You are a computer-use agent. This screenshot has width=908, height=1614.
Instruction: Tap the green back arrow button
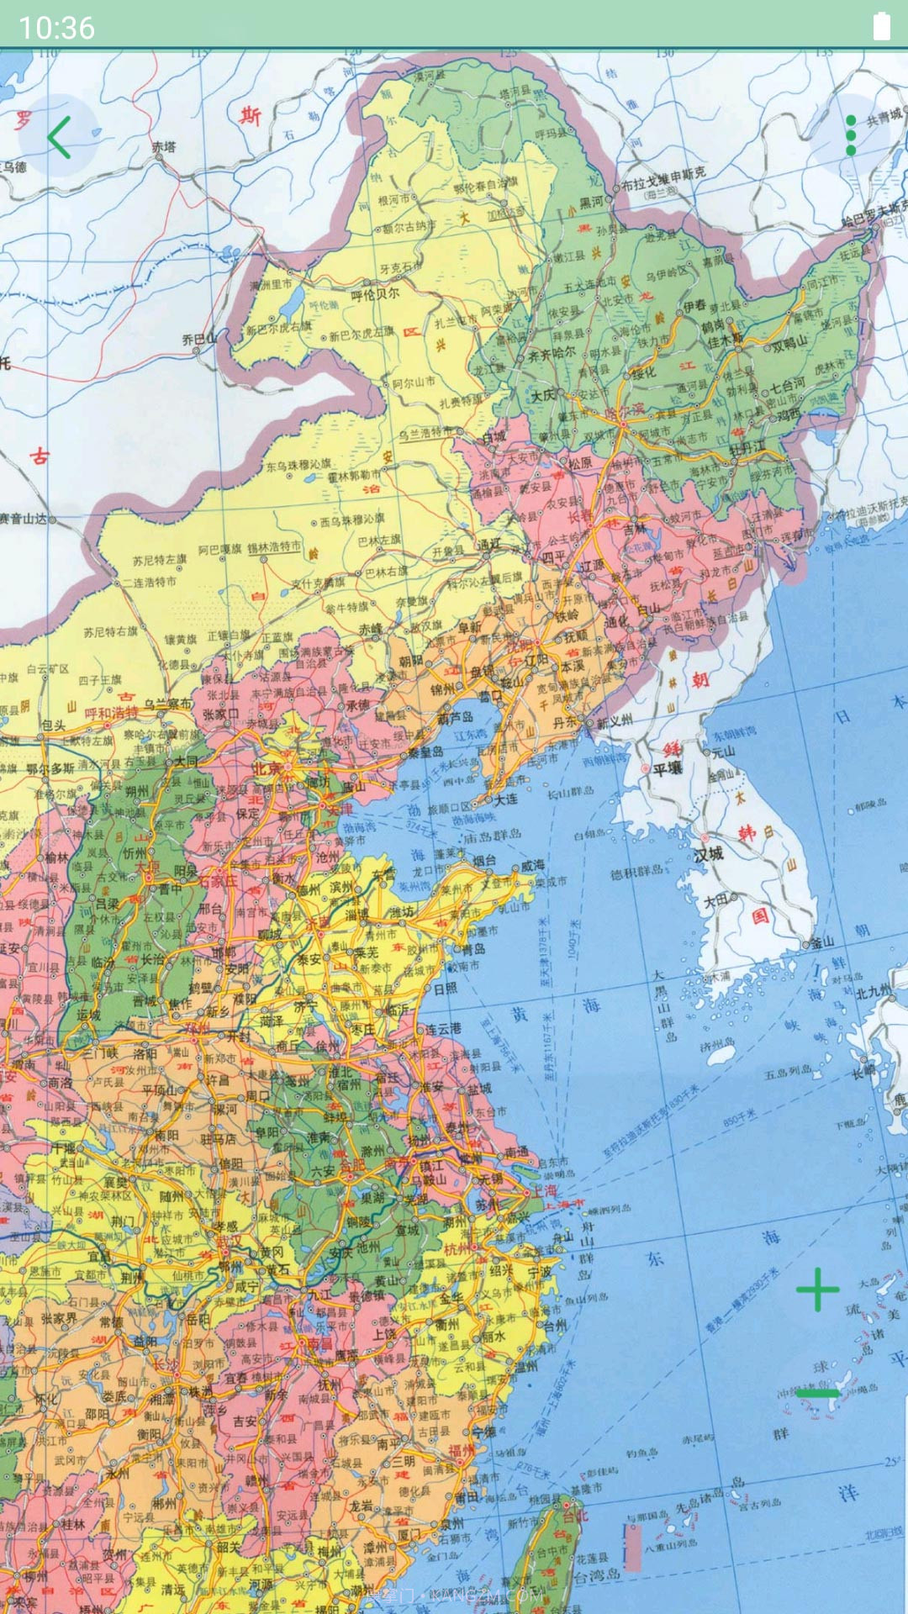pyautogui.click(x=59, y=137)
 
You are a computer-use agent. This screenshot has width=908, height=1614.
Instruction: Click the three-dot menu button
pyautogui.click(x=850, y=135)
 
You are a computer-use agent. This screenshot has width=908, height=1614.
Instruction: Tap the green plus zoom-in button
pyautogui.click(x=817, y=1290)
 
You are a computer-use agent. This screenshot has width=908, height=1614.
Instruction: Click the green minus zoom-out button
pyautogui.click(x=817, y=1393)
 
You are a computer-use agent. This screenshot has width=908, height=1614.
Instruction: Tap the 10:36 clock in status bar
pyautogui.click(x=56, y=28)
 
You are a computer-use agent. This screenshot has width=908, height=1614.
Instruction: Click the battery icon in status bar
pyautogui.click(x=881, y=26)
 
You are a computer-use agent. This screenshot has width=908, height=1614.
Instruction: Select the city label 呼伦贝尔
pyautogui.click(x=375, y=294)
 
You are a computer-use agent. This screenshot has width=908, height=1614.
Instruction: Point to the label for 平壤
pyautogui.click(x=668, y=768)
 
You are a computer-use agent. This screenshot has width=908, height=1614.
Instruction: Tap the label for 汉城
pyautogui.click(x=709, y=854)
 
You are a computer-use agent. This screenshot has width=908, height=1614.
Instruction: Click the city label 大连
pyautogui.click(x=505, y=799)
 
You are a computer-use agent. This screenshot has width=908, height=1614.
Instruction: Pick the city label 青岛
pyautogui.click(x=473, y=948)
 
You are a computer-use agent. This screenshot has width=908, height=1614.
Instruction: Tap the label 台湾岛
pyautogui.click(x=596, y=1575)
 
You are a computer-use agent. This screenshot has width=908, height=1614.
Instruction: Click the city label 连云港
pyautogui.click(x=442, y=1028)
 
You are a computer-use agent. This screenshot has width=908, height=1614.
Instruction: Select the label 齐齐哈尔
pyautogui.click(x=552, y=353)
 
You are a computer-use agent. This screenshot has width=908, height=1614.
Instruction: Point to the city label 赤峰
pyautogui.click(x=371, y=629)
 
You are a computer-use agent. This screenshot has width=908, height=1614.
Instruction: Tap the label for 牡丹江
pyautogui.click(x=747, y=448)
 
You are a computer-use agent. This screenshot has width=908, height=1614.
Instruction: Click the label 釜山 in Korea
pyautogui.click(x=821, y=942)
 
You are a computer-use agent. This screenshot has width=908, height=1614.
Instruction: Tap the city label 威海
pyautogui.click(x=532, y=864)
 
